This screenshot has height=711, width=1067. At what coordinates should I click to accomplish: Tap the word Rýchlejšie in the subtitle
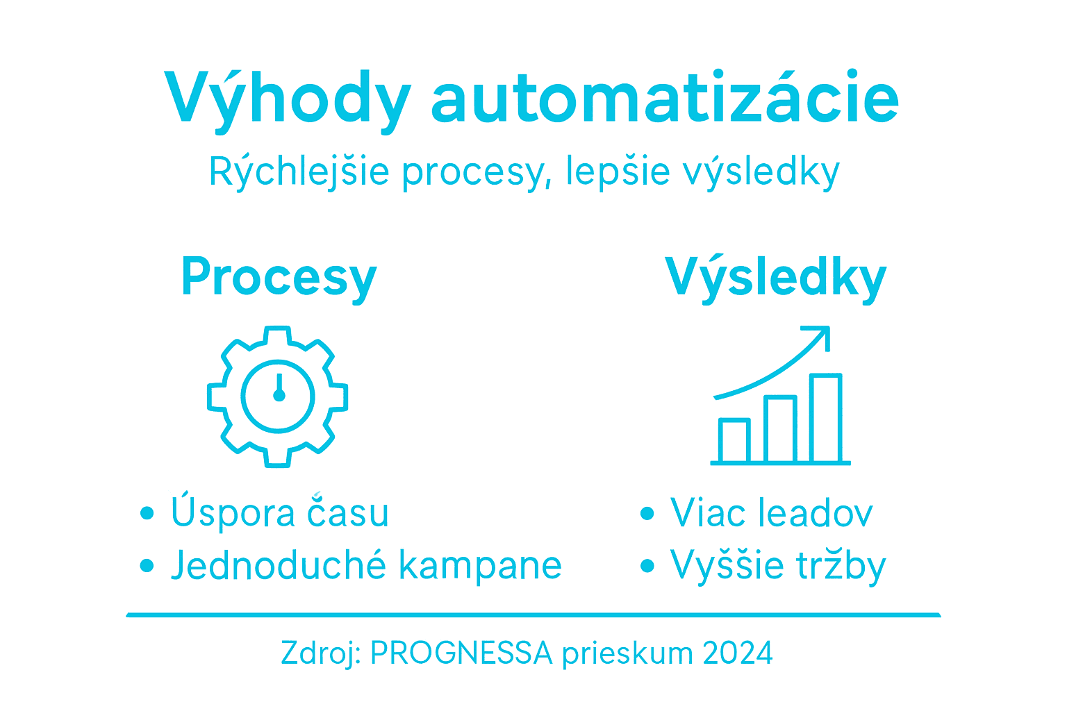coord(299,171)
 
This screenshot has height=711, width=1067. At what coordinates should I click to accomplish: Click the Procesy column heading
coord(279,277)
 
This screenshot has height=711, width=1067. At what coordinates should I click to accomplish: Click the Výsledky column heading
coord(776,277)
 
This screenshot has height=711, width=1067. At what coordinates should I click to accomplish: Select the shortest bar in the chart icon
coord(734,440)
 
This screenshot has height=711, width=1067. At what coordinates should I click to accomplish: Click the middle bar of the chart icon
coord(780,429)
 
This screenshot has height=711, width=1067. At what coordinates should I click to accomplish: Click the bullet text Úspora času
coord(279,512)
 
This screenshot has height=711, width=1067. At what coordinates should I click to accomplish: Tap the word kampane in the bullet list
coord(480,565)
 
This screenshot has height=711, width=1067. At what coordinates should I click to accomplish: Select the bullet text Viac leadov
coord(771,513)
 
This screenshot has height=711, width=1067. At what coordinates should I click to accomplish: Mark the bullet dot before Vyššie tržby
coord(647,566)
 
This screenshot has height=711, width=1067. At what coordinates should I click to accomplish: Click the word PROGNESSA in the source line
coord(461,653)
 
